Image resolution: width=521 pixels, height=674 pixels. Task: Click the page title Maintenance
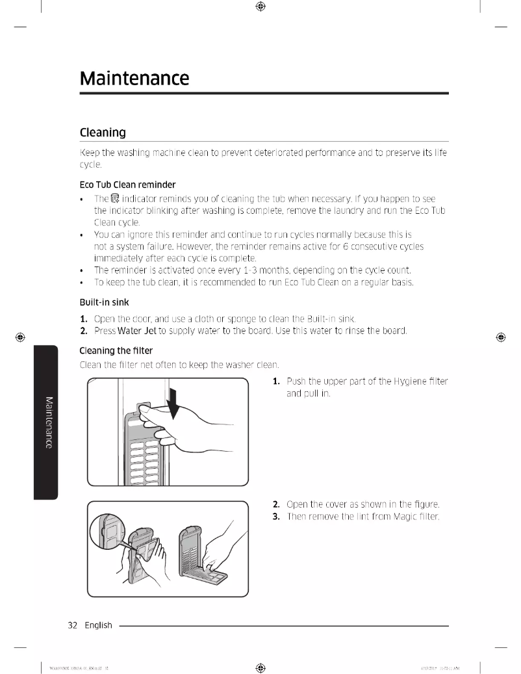click(x=134, y=79)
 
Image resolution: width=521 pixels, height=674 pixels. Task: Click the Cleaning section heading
click(x=102, y=133)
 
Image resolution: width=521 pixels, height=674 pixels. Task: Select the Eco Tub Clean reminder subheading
click(x=127, y=184)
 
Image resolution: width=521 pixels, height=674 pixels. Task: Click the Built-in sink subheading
click(x=104, y=302)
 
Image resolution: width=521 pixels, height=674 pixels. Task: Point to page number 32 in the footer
click(x=73, y=625)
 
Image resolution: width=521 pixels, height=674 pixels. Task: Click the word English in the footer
click(x=98, y=625)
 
